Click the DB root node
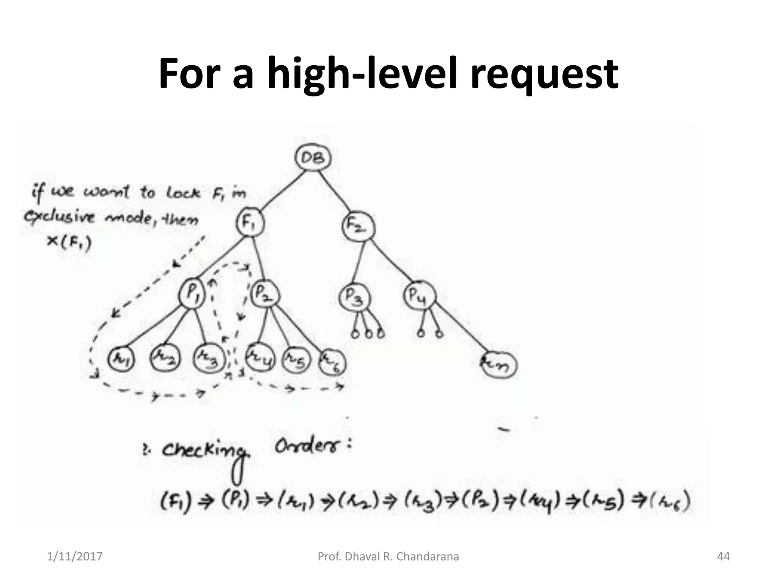(x=313, y=158)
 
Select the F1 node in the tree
(x=250, y=223)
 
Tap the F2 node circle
(x=359, y=227)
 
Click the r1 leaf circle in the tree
(x=121, y=358)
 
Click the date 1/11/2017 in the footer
(x=75, y=556)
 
